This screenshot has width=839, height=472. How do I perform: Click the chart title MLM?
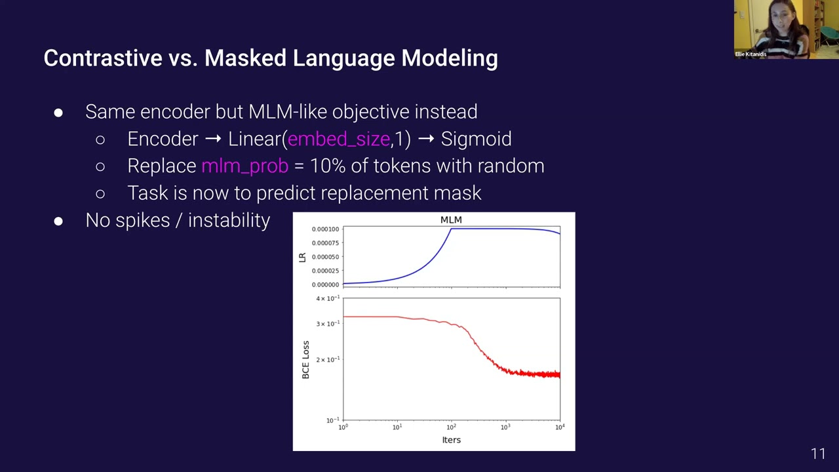[x=451, y=220]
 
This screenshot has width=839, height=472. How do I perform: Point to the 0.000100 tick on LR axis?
[x=325, y=229]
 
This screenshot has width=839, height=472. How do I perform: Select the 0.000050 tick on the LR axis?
[x=325, y=257]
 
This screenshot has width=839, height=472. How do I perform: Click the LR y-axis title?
[x=302, y=258]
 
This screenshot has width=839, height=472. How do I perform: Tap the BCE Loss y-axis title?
[x=305, y=359]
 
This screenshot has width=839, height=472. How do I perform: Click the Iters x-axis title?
[x=451, y=440]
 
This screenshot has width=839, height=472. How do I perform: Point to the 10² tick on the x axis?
[x=451, y=427]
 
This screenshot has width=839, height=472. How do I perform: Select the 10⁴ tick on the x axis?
[x=560, y=427]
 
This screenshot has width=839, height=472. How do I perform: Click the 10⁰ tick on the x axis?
[x=343, y=427]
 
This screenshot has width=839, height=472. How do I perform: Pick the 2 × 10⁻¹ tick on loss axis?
[x=328, y=360]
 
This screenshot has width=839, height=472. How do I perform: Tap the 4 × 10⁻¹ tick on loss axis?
[x=328, y=298]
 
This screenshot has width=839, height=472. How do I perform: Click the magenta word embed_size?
[x=339, y=139]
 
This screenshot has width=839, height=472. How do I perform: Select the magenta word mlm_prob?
[x=244, y=166]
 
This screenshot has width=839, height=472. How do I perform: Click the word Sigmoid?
[x=476, y=139]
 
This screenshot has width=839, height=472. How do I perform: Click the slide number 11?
[x=818, y=454]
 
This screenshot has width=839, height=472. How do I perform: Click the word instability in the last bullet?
[x=229, y=220]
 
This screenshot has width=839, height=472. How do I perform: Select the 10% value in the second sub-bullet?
[x=327, y=166]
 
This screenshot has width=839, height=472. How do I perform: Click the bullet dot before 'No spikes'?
[x=58, y=222]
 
